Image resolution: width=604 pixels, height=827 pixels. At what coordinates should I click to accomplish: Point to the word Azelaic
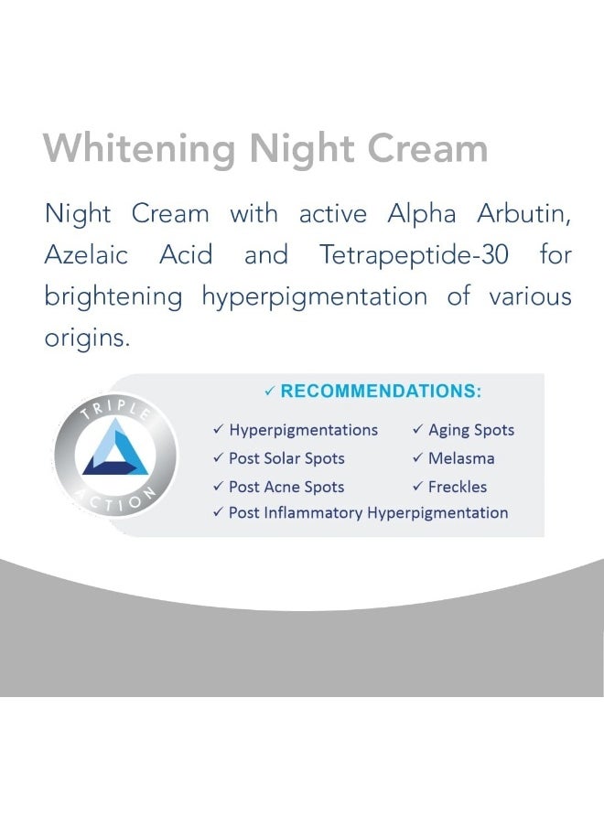88,255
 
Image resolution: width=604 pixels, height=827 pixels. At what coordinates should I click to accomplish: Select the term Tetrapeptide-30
414,255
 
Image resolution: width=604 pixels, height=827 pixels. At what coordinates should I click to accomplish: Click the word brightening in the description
113,297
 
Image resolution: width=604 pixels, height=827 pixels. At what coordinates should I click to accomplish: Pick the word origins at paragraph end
87,338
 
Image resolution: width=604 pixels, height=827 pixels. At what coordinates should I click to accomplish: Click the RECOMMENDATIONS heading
381,392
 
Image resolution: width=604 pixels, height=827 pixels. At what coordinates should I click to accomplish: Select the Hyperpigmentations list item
303,430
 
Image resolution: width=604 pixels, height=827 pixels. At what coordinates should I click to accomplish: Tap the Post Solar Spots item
286,458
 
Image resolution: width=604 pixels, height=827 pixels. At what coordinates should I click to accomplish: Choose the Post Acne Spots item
286,487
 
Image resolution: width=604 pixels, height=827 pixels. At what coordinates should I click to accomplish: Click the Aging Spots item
471,430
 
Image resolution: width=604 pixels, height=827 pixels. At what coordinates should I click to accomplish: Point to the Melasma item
461,458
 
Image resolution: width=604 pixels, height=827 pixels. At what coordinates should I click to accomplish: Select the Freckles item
458,487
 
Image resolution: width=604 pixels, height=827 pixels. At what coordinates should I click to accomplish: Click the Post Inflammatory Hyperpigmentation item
368,513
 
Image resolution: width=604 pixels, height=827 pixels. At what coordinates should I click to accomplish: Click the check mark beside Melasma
417,458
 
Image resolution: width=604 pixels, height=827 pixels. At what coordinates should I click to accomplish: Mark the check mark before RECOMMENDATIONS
269,392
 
